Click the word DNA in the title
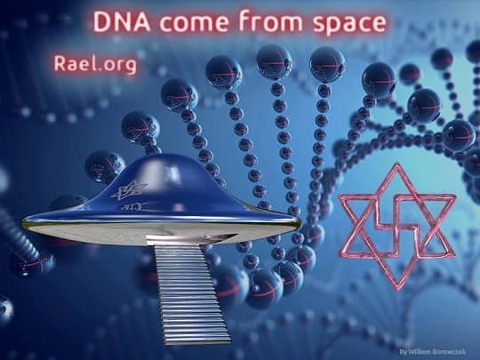pyautogui.click(x=122, y=21)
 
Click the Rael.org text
pyautogui.click(x=95, y=64)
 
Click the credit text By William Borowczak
pyautogui.click(x=433, y=351)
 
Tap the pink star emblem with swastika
pyautogui.click(x=397, y=227)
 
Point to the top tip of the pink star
pyautogui.click(x=397, y=164)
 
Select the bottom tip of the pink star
pyautogui.click(x=397, y=290)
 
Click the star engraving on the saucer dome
pyautogui.click(x=129, y=189)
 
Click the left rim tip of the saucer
pyautogui.click(x=23, y=223)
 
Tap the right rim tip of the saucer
pyautogui.click(x=300, y=221)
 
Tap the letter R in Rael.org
pyautogui.click(x=60, y=63)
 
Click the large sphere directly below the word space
pyautogui.click(x=327, y=64)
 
